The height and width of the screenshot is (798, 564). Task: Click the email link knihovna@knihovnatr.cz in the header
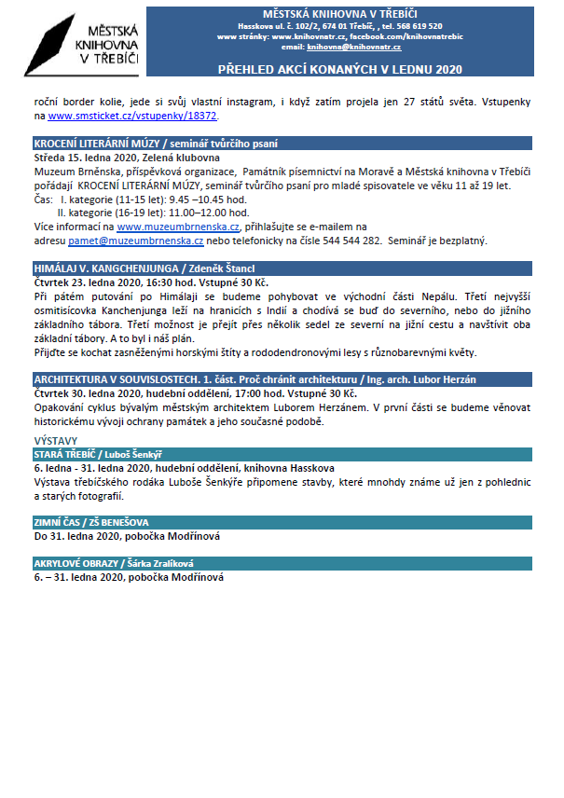click(353, 47)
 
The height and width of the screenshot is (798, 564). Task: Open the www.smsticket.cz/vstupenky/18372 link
click(132, 117)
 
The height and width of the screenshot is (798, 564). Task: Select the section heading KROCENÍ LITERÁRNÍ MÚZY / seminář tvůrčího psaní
click(155, 144)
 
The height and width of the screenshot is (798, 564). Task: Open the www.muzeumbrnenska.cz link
click(178, 227)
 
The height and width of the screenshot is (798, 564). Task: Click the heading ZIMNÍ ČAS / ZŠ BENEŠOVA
click(90, 523)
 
